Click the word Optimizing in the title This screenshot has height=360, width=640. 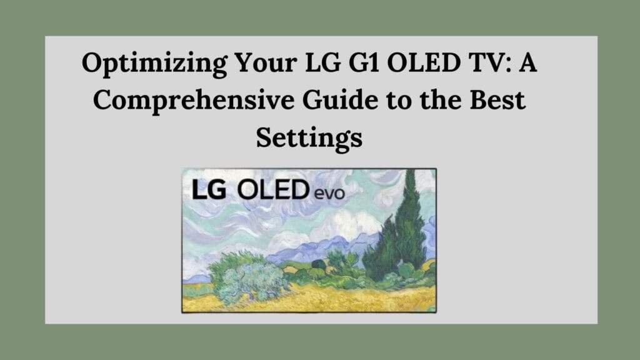click(x=155, y=64)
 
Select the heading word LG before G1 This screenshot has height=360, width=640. click(x=322, y=62)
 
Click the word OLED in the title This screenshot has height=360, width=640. click(x=424, y=62)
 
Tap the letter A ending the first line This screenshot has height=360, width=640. click(x=527, y=62)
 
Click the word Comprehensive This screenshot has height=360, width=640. click(x=194, y=101)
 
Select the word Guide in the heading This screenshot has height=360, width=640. click(x=340, y=100)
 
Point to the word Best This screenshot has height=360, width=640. click(x=497, y=100)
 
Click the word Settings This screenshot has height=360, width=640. click(x=309, y=138)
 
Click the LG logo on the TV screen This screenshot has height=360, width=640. click(x=209, y=190)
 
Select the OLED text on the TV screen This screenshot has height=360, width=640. click(x=273, y=190)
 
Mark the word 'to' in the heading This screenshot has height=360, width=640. click(x=399, y=101)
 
